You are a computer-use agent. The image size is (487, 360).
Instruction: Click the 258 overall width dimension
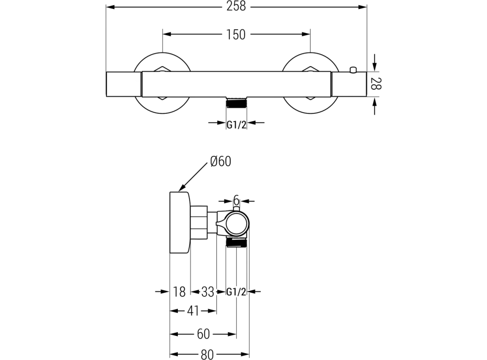click(x=236, y=7)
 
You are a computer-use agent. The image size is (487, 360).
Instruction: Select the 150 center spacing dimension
click(x=236, y=35)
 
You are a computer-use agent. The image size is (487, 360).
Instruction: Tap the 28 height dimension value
click(x=375, y=84)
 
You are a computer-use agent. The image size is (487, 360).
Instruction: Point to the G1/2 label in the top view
click(x=237, y=124)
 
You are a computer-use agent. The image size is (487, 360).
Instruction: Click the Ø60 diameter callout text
click(x=220, y=162)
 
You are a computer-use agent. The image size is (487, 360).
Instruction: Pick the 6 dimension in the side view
click(x=236, y=200)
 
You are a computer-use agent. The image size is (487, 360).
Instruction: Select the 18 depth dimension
click(x=179, y=292)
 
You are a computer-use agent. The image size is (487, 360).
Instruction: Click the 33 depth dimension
click(x=208, y=292)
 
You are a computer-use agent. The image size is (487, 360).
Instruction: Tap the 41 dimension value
click(x=193, y=311)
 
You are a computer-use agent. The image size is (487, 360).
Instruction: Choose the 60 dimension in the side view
click(x=204, y=334)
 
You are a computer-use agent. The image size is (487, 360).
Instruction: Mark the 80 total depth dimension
click(x=207, y=354)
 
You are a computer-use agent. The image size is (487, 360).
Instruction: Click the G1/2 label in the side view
click(x=236, y=292)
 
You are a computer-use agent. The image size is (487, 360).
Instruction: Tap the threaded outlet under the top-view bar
click(x=237, y=103)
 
